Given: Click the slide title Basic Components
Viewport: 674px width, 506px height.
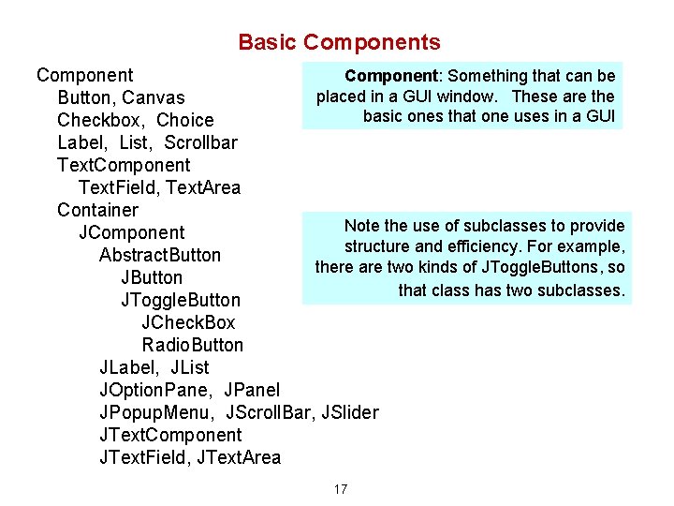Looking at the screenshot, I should (x=339, y=42).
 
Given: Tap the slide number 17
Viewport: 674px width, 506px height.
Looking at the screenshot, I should (x=340, y=489).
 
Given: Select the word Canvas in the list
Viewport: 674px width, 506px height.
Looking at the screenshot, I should (x=154, y=97).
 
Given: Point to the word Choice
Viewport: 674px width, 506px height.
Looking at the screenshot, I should (x=185, y=120).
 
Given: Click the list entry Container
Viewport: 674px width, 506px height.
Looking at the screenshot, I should (x=97, y=210).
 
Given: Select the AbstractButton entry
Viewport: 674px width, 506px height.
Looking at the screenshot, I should (x=160, y=255).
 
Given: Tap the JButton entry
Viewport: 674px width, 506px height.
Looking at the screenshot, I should (x=152, y=277).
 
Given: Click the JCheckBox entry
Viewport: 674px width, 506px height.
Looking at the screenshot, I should (x=188, y=322).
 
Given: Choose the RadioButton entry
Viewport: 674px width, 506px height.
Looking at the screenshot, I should (x=193, y=345).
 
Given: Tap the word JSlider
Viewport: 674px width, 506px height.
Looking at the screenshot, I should (x=349, y=412).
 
